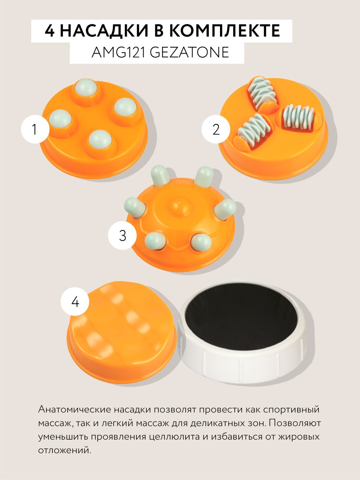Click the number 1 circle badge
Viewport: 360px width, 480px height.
pyautogui.click(x=34, y=130)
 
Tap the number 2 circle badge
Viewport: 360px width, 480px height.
pyautogui.click(x=216, y=130)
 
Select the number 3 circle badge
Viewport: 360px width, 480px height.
pyautogui.click(x=122, y=236)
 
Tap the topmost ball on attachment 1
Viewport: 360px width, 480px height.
pyautogui.click(x=87, y=88)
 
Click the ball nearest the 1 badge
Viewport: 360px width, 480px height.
pyautogui.click(x=60, y=119)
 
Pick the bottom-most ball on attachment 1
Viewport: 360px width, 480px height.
pyautogui.click(x=99, y=139)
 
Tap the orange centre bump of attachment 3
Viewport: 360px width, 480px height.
pyautogui.click(x=181, y=206)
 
